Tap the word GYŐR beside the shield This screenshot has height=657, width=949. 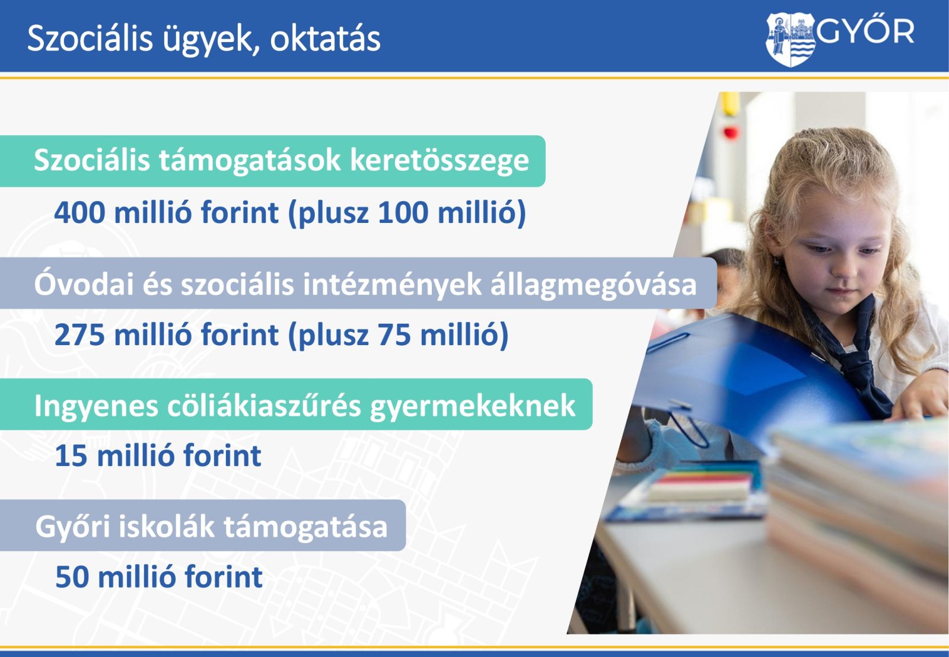[x=865, y=31]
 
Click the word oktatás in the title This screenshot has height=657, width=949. [x=325, y=39]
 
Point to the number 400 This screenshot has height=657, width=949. [x=79, y=212]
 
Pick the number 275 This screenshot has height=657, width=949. [x=79, y=334]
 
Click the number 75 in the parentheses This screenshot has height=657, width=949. [x=394, y=334]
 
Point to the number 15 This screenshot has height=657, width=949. [x=71, y=456]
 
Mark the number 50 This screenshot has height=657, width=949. [x=72, y=577]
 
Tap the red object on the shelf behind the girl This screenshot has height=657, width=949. [x=730, y=132]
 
